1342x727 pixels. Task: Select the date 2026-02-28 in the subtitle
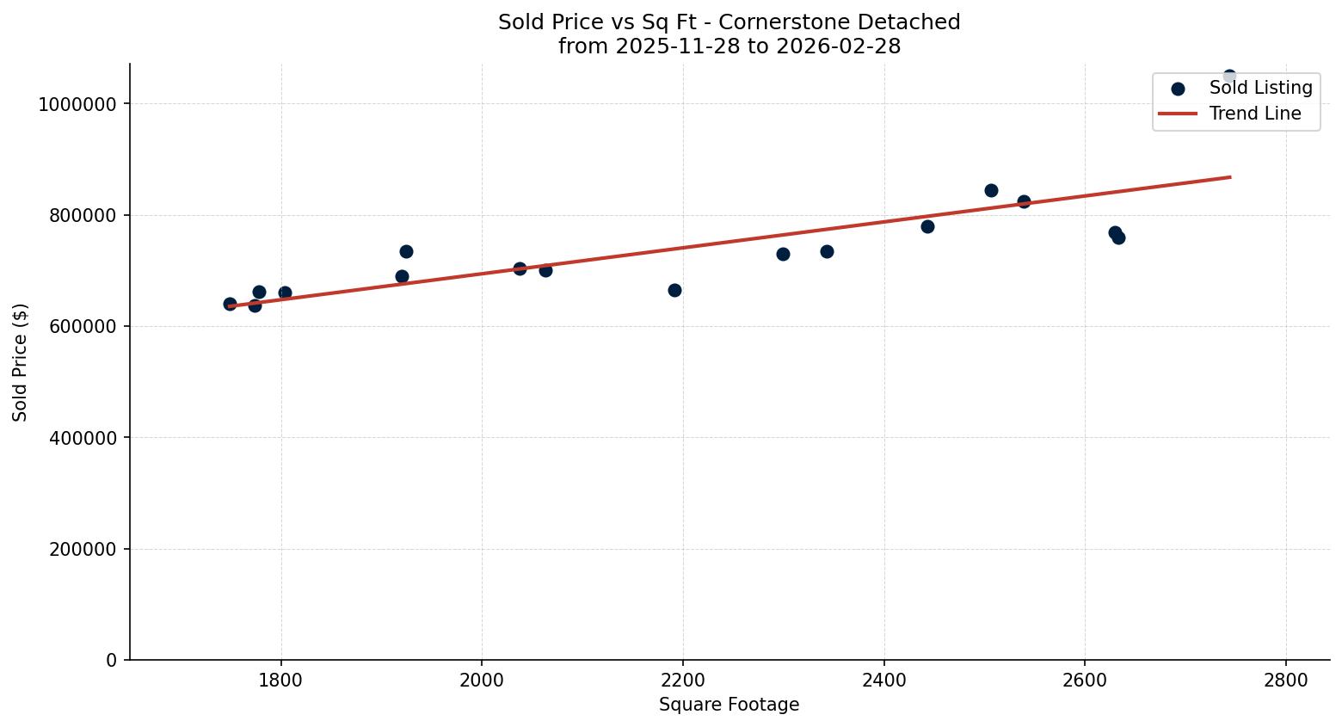click(x=838, y=46)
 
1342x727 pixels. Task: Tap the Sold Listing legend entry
click(x=1260, y=88)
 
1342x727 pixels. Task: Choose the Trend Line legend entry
click(x=1254, y=114)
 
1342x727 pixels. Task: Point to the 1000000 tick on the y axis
click(x=77, y=104)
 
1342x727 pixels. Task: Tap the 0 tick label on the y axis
click(x=111, y=660)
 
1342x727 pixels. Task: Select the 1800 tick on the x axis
click(x=280, y=681)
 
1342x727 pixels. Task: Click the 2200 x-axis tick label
click(x=682, y=681)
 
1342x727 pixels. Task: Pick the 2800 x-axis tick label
click(x=1285, y=681)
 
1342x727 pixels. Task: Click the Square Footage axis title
click(x=729, y=705)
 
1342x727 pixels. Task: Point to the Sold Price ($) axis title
click(x=21, y=362)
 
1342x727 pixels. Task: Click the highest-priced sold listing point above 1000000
click(x=1229, y=77)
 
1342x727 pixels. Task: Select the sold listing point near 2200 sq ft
click(x=674, y=290)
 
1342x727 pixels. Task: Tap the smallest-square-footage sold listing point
click(x=230, y=304)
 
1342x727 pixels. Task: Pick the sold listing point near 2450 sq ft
click(x=927, y=226)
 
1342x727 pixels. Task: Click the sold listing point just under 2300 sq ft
click(x=783, y=254)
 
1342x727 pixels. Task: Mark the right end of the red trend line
click(x=1230, y=177)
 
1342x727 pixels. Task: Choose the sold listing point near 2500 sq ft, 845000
click(x=991, y=190)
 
